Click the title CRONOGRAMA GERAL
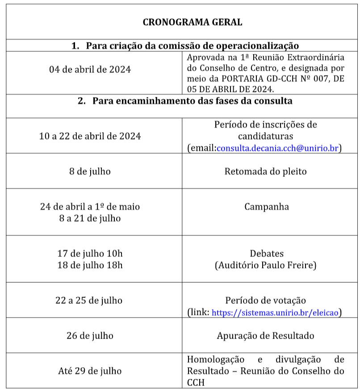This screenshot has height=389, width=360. click(x=192, y=22)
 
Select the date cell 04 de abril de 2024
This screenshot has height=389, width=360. click(x=90, y=70)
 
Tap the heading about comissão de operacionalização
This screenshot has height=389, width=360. click(x=185, y=46)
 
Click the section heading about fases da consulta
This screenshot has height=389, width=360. click(x=185, y=101)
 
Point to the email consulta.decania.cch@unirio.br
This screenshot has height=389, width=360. click(x=277, y=148)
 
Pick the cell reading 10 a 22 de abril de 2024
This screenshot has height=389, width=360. click(x=90, y=136)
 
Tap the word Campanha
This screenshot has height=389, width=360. click(x=266, y=207)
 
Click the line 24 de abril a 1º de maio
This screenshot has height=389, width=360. click(x=90, y=207)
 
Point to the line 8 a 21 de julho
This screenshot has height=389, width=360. click(x=90, y=218)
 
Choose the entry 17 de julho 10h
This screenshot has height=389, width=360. click(x=90, y=254)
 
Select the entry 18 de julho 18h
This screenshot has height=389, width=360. click(x=90, y=265)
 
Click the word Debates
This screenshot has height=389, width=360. click(x=266, y=254)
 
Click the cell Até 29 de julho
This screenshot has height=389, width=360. click(x=90, y=371)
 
